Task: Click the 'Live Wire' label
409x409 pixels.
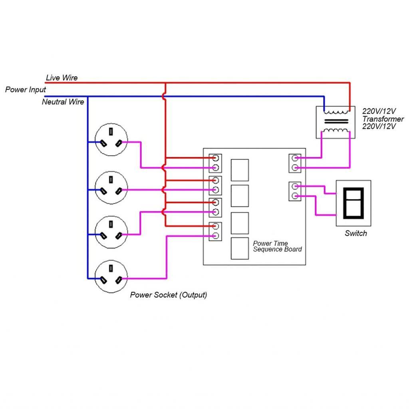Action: click(x=62, y=78)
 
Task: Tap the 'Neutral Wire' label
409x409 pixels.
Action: click(x=63, y=102)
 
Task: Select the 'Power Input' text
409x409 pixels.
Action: click(x=26, y=89)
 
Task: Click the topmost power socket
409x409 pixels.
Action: click(x=111, y=140)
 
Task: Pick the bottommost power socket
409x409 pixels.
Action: click(x=111, y=277)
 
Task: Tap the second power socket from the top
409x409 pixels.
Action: click(x=111, y=188)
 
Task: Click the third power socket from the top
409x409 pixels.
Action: click(x=111, y=232)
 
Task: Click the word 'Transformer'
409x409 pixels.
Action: click(x=383, y=119)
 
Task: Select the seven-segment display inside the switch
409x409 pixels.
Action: click(x=353, y=203)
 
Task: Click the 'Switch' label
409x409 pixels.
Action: click(x=355, y=233)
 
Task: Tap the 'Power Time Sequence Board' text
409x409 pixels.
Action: click(x=277, y=246)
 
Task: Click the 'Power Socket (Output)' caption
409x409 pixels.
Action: click(x=169, y=295)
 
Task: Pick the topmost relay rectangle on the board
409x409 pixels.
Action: click(x=240, y=170)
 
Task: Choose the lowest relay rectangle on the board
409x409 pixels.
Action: click(x=240, y=248)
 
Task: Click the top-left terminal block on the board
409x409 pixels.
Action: click(x=215, y=163)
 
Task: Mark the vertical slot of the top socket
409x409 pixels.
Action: click(x=111, y=131)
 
